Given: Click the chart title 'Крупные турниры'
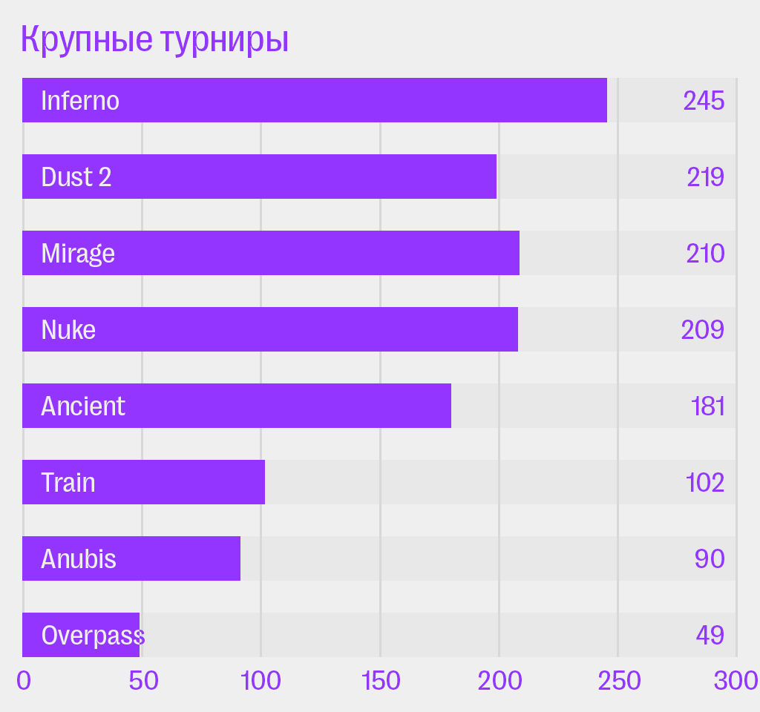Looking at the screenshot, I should tap(154, 40).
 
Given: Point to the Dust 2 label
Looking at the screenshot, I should tap(76, 177).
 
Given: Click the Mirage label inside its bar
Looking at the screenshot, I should tap(78, 254).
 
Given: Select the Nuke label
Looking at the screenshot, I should tap(68, 329).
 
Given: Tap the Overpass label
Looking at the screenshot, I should tap(92, 636).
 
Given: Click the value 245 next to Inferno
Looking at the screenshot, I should tap(704, 100).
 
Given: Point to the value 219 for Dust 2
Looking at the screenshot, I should tap(705, 177).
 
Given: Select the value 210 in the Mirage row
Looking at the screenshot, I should tap(705, 254).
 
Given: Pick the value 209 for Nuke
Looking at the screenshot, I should tap(703, 329).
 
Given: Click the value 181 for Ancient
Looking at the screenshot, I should tap(707, 406).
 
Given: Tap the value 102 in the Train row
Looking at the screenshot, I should tap(705, 482).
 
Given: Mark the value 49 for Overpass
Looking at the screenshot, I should tap(710, 636).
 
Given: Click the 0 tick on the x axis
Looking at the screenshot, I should tap(24, 680).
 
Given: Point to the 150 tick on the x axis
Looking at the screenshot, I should tap(380, 680).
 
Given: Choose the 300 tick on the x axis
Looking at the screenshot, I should tap(736, 680).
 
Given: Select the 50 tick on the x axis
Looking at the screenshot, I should tap(143, 680).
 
